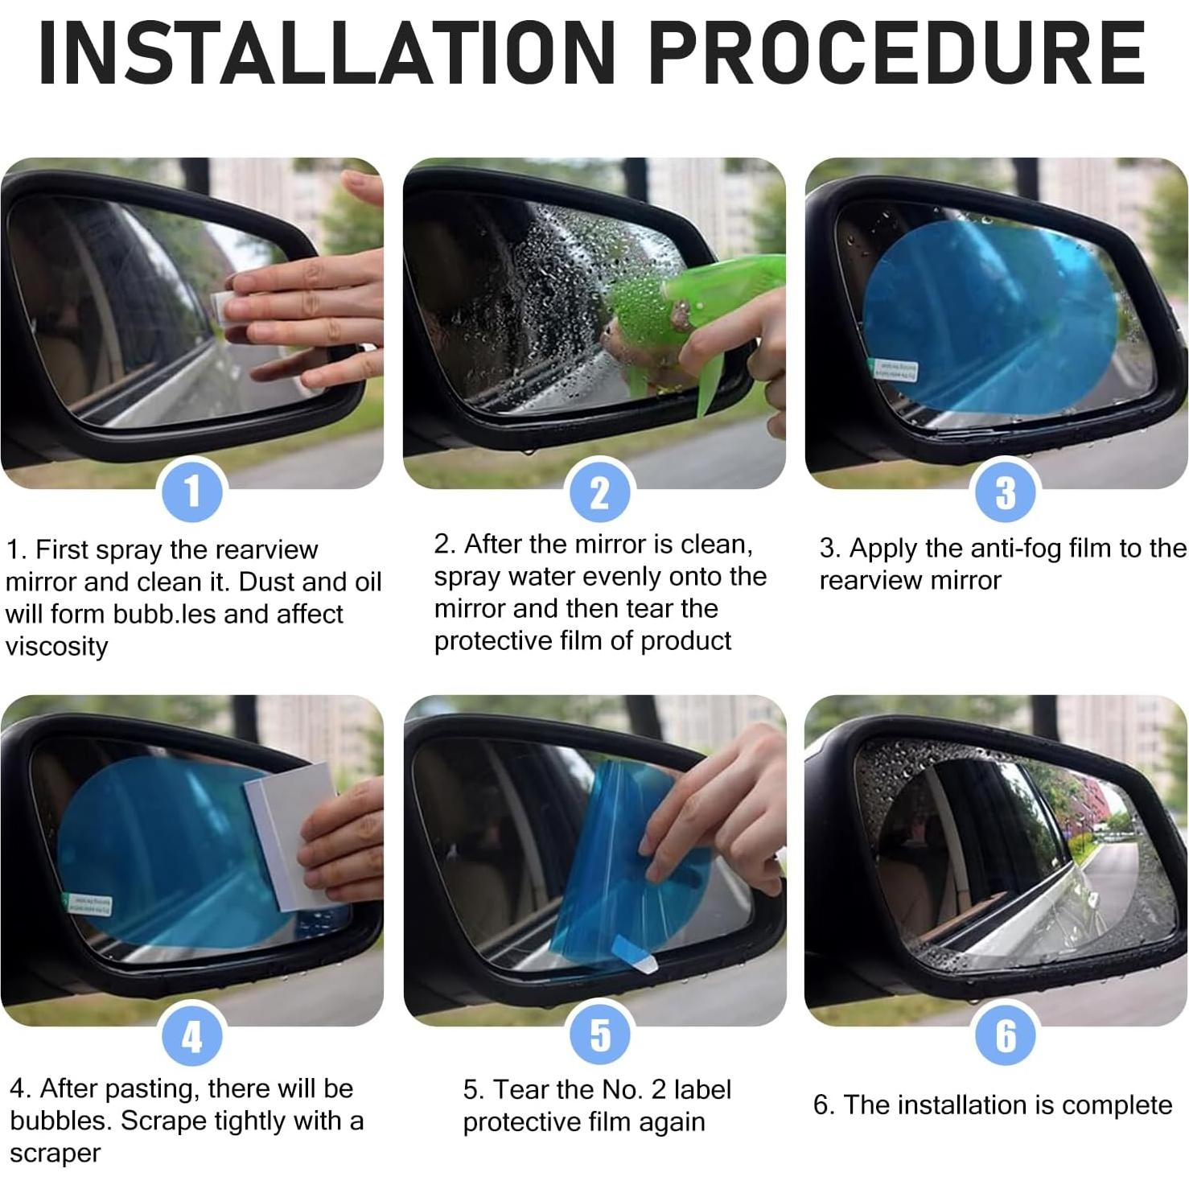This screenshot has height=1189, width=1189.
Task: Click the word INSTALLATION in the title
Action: pos(327,53)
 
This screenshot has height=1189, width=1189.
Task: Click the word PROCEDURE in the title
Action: pos(897,53)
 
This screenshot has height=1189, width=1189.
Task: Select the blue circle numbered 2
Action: pos(599,492)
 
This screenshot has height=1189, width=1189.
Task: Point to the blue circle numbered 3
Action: pos(1006,492)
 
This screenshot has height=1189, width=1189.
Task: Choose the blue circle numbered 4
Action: pos(191,1035)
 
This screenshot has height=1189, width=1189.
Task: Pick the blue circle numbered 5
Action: pos(600,1035)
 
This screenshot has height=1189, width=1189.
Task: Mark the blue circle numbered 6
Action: pos(1006,1035)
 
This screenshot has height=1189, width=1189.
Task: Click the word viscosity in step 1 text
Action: pos(56,647)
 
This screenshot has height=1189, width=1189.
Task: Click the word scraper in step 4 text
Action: pos(56,1154)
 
